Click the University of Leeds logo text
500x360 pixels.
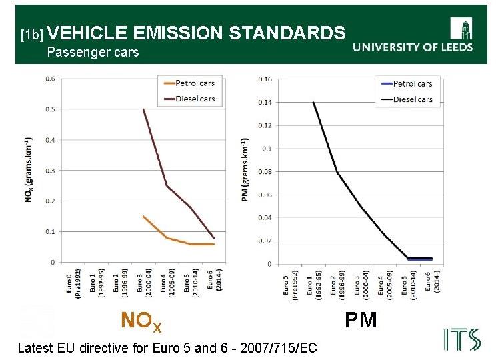(x=413, y=47)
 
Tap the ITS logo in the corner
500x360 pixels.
(x=461, y=339)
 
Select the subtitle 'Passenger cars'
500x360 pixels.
(x=93, y=52)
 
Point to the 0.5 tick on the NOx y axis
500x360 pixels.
(x=51, y=109)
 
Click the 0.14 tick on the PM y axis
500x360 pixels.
(x=265, y=102)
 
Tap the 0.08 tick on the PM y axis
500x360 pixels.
(x=265, y=172)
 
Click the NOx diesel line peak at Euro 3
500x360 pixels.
(x=143, y=109)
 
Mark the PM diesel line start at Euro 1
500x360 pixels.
(x=313, y=102)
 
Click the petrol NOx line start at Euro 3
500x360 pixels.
(x=143, y=216)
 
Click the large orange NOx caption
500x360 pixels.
(x=141, y=322)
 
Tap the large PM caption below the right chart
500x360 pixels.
(x=361, y=320)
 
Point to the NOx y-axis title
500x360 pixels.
(x=29, y=170)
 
